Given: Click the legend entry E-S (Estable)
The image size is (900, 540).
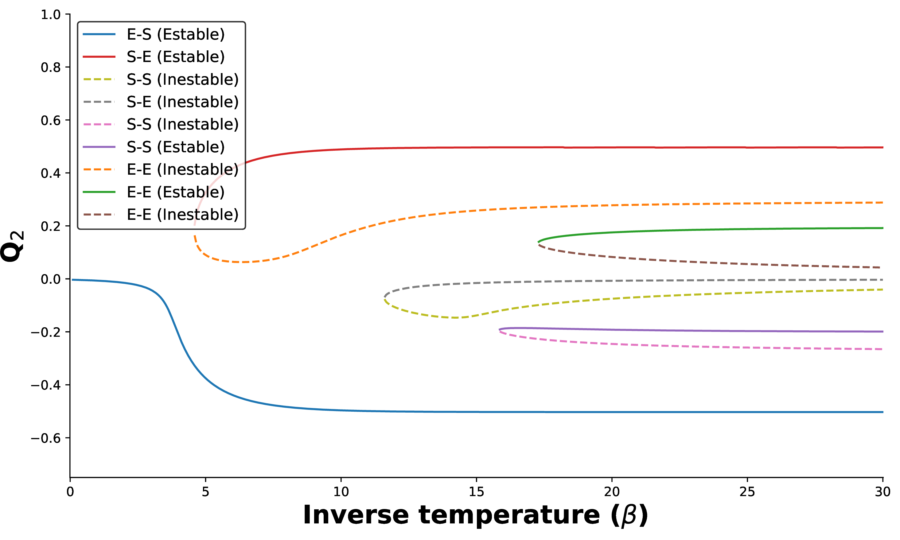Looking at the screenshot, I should [175, 34].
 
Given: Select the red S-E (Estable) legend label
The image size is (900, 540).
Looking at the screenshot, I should [175, 57].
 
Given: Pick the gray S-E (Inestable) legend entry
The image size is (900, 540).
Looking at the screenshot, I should [182, 102].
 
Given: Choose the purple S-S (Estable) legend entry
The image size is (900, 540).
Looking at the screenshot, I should [175, 147].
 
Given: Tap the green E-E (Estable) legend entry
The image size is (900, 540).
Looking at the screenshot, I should [175, 192].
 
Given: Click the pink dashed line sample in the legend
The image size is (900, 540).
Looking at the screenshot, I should [99, 124].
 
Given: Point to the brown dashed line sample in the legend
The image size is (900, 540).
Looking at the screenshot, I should [99, 215].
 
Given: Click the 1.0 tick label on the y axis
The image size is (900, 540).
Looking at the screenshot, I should [51, 15].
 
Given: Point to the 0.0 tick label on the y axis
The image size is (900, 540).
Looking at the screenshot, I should [51, 279].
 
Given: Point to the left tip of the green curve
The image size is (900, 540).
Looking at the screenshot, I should [538, 242].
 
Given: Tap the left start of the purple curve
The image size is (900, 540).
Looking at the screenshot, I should [499, 330].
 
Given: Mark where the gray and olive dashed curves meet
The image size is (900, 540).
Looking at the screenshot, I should [385, 298].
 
